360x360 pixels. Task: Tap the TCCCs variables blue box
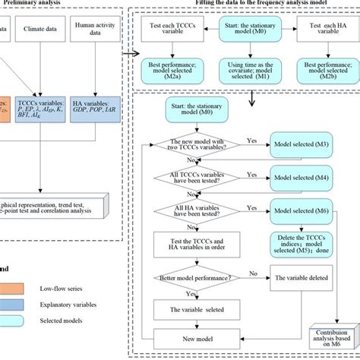click(46, 113)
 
